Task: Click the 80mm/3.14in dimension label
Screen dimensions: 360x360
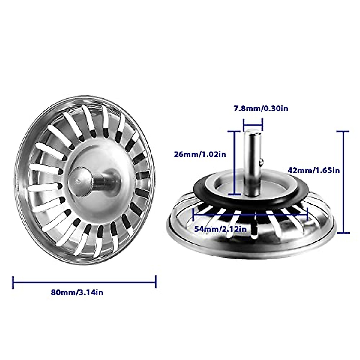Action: [77, 292]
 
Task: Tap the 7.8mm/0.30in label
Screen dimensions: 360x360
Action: [261, 108]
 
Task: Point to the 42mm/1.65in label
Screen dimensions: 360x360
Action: [313, 170]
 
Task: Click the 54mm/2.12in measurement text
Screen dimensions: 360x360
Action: [220, 229]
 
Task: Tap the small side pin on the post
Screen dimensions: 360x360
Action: [262, 162]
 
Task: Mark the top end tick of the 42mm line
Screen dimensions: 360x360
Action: [343, 131]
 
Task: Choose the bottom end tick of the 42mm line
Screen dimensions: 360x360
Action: [343, 233]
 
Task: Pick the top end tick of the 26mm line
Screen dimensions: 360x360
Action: [234, 131]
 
